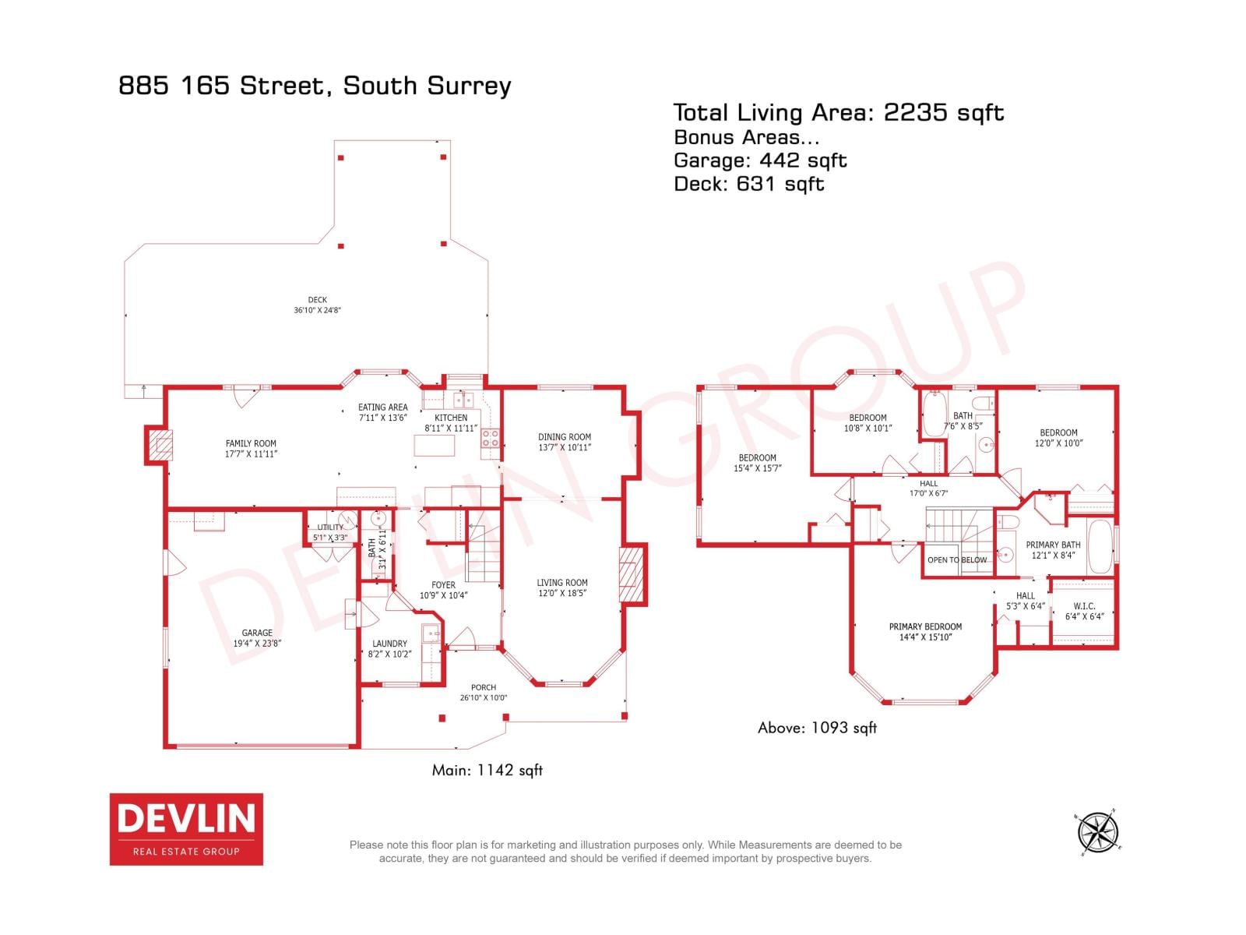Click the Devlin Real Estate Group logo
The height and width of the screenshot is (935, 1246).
[x=186, y=829]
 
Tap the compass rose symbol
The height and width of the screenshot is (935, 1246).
[x=1098, y=832]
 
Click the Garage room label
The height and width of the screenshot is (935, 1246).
[x=257, y=633]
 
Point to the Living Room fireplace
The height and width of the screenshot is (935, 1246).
[x=632, y=575]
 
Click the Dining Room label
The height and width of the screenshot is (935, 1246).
[x=565, y=437]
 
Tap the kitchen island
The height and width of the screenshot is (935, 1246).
[x=434, y=446]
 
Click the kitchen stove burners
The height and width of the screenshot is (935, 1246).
[x=490, y=439]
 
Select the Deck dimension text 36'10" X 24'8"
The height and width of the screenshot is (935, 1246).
[x=318, y=310]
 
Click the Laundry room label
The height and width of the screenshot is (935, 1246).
[x=389, y=644]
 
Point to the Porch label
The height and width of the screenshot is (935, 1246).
[x=484, y=688]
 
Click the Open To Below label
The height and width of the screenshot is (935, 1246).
[x=957, y=560]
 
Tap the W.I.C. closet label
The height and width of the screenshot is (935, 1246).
[x=1084, y=606]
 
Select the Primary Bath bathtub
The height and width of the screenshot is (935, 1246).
[x=1100, y=547]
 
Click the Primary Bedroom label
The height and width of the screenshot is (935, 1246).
[x=925, y=626]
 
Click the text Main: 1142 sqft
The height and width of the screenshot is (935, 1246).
[x=487, y=771]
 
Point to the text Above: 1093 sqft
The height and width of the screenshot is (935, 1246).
[x=817, y=728]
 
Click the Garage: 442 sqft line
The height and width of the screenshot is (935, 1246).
[x=760, y=161]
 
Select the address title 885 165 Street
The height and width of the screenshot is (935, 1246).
[x=315, y=85]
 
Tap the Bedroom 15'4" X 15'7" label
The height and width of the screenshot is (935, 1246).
[x=757, y=463]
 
